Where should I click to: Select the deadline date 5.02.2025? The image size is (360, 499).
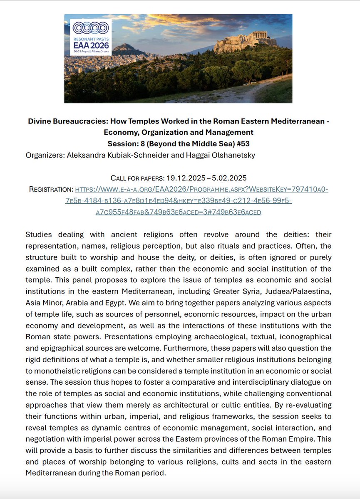point(228,178)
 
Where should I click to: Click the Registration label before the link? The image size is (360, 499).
point(51,189)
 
